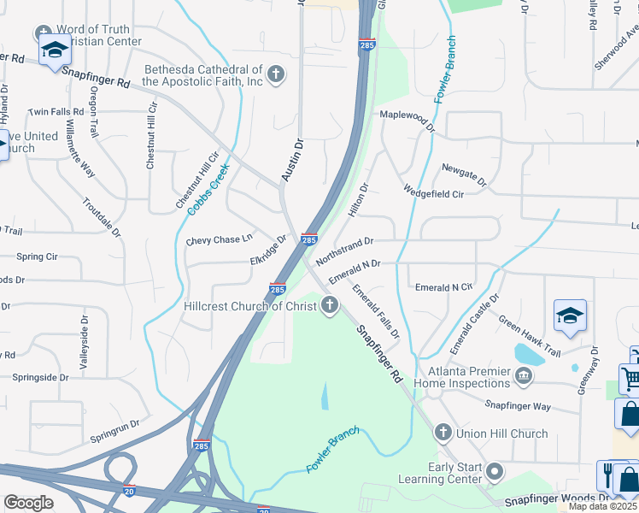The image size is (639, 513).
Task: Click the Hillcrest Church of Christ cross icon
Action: pos(331,306)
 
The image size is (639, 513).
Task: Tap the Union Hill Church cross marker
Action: pos(443,433)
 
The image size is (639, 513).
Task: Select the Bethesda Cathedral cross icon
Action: pos(275,74)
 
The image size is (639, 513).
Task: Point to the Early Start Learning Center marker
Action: pos(494,472)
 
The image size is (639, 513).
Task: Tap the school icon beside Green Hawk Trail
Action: pos(570,316)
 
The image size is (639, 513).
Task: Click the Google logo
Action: pos(28,503)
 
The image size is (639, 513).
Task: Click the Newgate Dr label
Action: pos(464,174)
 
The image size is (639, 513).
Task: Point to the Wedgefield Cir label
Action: pos(433,193)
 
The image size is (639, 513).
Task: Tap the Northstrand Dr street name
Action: pos(345,250)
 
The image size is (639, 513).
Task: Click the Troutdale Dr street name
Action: pos(103,217)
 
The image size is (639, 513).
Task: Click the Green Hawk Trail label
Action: pos(530,337)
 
